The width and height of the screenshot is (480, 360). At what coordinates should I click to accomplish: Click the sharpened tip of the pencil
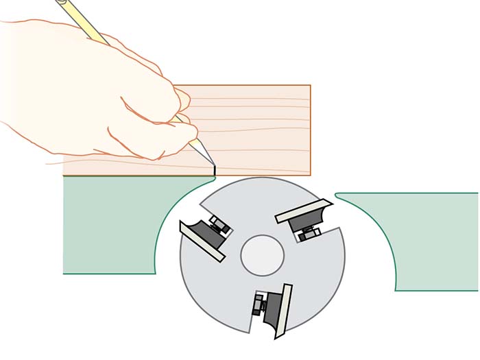pos(211,163)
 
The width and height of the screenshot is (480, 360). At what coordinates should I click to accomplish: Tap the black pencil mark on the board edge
pos(215,169)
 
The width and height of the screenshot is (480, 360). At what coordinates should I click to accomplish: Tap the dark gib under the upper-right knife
pos(302,221)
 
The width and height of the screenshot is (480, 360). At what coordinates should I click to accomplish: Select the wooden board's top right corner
pos(310,86)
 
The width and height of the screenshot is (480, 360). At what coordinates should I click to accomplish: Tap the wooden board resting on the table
pos(261,130)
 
